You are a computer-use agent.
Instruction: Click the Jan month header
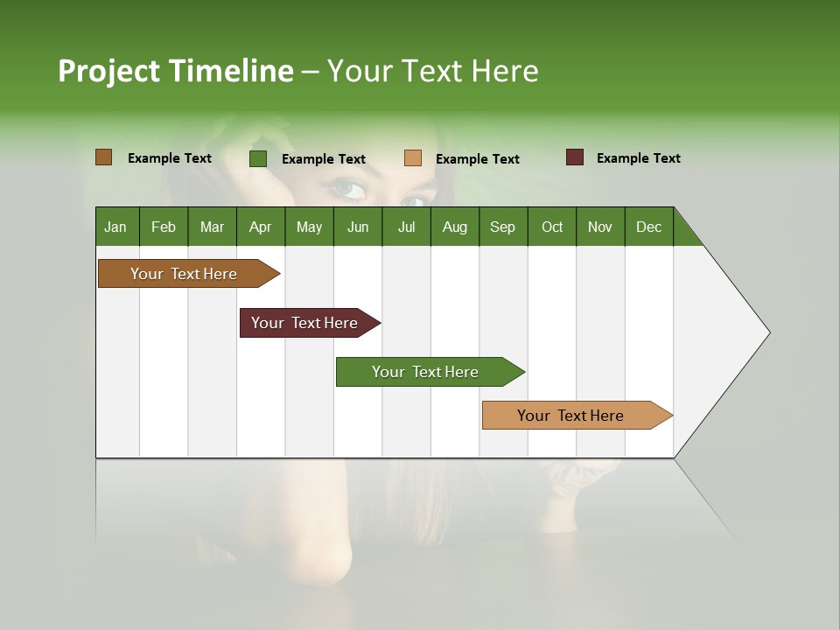[115, 227]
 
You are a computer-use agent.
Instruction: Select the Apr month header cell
[260, 227]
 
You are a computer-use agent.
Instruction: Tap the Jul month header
[406, 227]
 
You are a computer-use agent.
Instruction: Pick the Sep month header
[502, 227]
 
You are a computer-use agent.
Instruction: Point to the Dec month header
[648, 227]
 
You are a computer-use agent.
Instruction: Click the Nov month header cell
[599, 227]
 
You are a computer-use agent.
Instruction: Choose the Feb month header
[164, 227]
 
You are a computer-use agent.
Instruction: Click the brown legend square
[103, 157]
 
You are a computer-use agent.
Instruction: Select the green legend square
[257, 158]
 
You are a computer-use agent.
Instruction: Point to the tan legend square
[413, 158]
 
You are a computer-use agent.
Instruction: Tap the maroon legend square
[574, 157]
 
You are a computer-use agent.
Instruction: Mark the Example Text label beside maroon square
[638, 158]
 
